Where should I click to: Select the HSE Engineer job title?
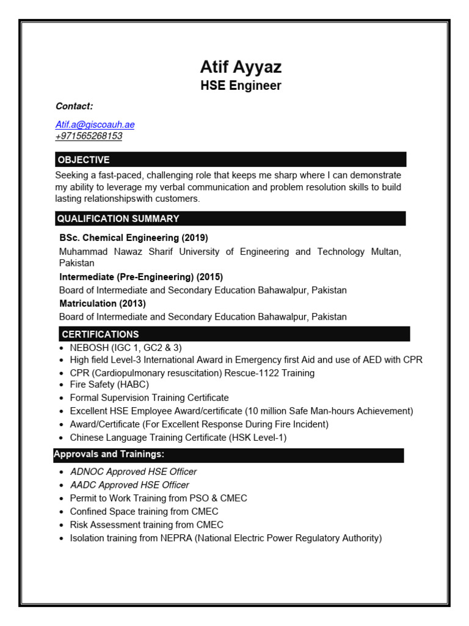[241, 86]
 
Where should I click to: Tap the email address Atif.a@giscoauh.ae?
[95, 125]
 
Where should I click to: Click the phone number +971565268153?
[89, 136]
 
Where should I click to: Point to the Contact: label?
[74, 106]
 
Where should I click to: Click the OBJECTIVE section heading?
[84, 160]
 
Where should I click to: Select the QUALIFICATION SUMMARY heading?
[118, 219]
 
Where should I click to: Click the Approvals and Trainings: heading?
[109, 454]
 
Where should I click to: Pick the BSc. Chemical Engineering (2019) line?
[134, 238]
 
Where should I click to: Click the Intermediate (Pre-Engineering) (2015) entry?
[141, 277]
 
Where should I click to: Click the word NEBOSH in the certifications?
[89, 347]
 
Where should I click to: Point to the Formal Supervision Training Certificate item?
[149, 398]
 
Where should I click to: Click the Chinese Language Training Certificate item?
[178, 438]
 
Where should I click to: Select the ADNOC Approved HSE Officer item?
[133, 472]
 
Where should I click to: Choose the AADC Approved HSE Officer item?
[129, 485]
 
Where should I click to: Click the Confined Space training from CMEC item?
[144, 512]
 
